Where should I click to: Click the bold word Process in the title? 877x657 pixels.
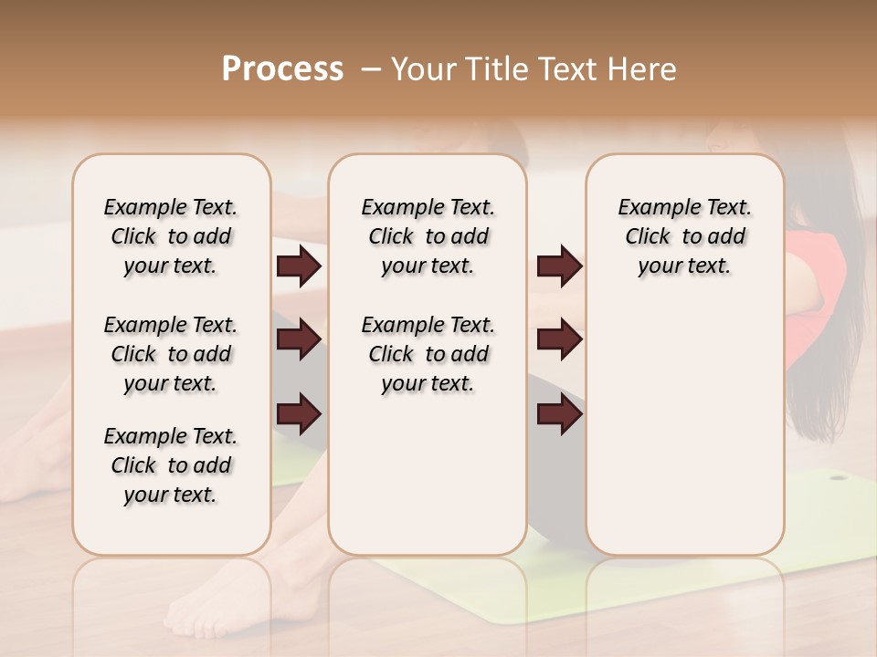282,69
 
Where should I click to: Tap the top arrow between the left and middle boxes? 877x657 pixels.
299,266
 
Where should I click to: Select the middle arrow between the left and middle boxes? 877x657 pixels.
299,340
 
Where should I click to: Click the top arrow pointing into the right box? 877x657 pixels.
559,266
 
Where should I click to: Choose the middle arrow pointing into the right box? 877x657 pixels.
559,340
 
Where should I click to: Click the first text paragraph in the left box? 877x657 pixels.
171,236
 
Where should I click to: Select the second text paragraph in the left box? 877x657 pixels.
171,354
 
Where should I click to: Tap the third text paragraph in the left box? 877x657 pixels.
171,465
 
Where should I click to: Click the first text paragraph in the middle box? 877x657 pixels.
428,236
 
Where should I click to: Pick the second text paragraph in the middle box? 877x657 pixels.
428,354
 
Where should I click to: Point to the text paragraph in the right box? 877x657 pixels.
684,236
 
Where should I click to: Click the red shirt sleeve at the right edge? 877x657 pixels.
813,274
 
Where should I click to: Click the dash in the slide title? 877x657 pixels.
371,69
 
